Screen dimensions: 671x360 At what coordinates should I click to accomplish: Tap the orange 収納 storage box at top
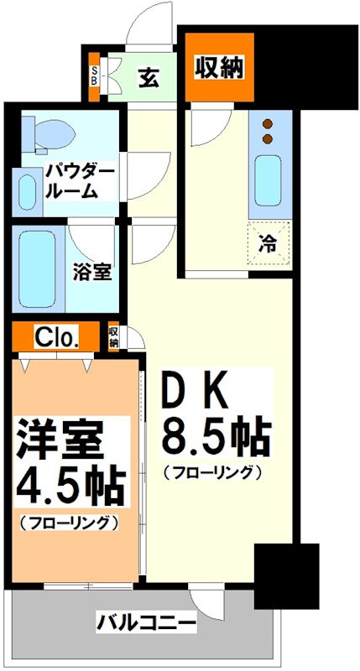pos(218,67)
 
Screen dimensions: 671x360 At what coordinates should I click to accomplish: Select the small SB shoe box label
pos(94,76)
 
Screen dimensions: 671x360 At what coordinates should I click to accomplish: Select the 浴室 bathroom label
pos(91,273)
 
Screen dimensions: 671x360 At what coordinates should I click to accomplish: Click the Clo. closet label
pos(57,337)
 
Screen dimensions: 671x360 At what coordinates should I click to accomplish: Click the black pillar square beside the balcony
pos(286,575)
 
